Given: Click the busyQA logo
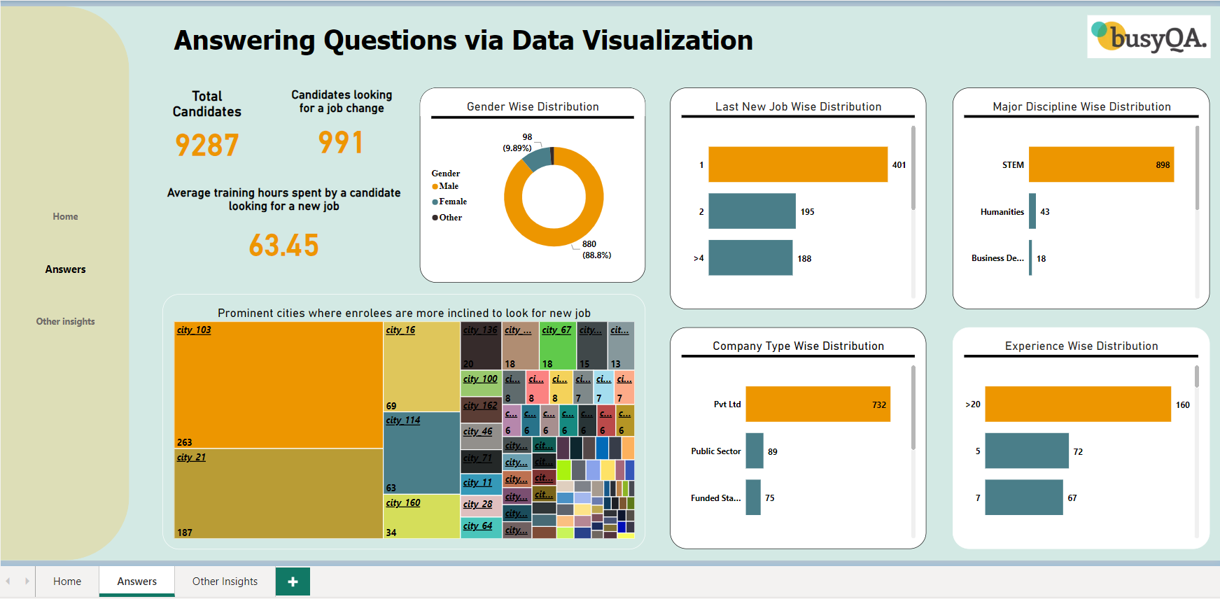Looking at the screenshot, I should tap(1148, 37).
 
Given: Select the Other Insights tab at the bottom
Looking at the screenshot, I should tap(225, 582).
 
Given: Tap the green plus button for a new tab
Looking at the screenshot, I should tap(293, 582).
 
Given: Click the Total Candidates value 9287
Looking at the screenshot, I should tap(206, 146).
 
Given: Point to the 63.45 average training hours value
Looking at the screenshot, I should tap(283, 246).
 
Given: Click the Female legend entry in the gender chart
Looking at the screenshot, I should tap(452, 202).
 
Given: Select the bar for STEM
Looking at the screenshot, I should tap(1100, 165).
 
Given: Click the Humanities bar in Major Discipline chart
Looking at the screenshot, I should tap(1032, 211).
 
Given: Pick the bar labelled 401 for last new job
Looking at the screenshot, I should tap(797, 165).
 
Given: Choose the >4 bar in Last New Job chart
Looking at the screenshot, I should tap(750, 258).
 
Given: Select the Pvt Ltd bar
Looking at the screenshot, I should tap(817, 404).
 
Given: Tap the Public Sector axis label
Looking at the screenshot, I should tap(715, 451).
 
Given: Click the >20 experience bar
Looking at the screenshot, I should tap(1077, 404).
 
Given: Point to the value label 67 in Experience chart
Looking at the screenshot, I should tap(1072, 498).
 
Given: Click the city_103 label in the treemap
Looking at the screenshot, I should tap(194, 330).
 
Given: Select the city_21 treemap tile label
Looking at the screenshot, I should tap(191, 458).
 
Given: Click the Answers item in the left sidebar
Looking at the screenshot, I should tap(65, 269).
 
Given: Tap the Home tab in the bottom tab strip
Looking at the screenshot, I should tap(67, 582).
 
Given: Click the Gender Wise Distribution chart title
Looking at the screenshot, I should tap(533, 107).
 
